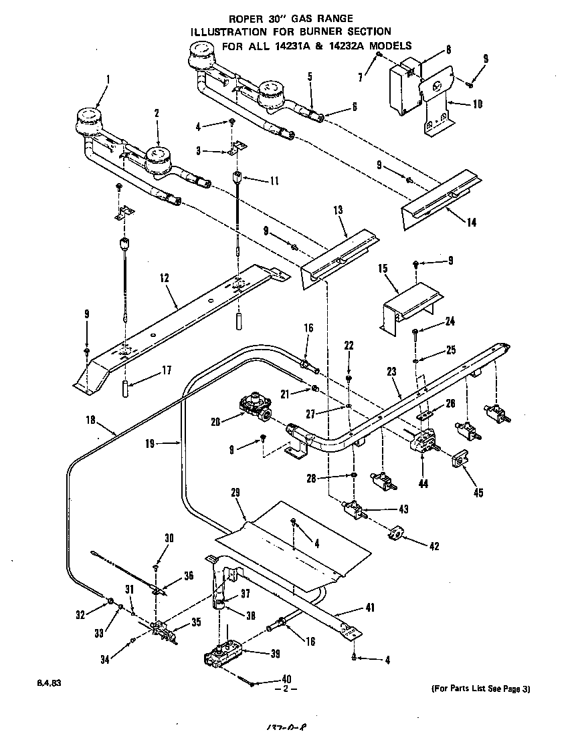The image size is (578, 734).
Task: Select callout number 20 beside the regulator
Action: point(215,422)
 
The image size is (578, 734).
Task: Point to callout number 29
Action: point(235,493)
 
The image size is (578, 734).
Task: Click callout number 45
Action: point(477,493)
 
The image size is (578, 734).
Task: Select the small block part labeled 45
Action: point(460,461)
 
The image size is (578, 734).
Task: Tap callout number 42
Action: point(434,546)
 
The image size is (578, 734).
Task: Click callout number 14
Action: point(472,223)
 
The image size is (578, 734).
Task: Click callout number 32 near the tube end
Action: point(80,615)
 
